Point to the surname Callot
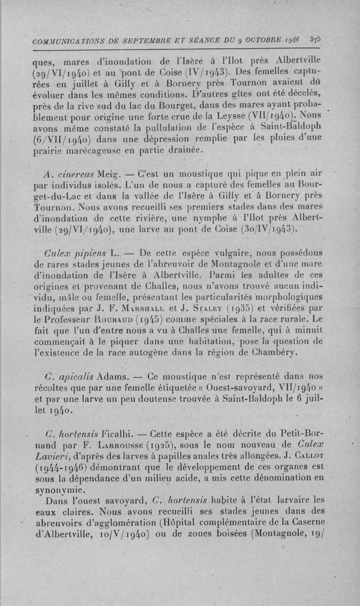coord(311,458)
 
